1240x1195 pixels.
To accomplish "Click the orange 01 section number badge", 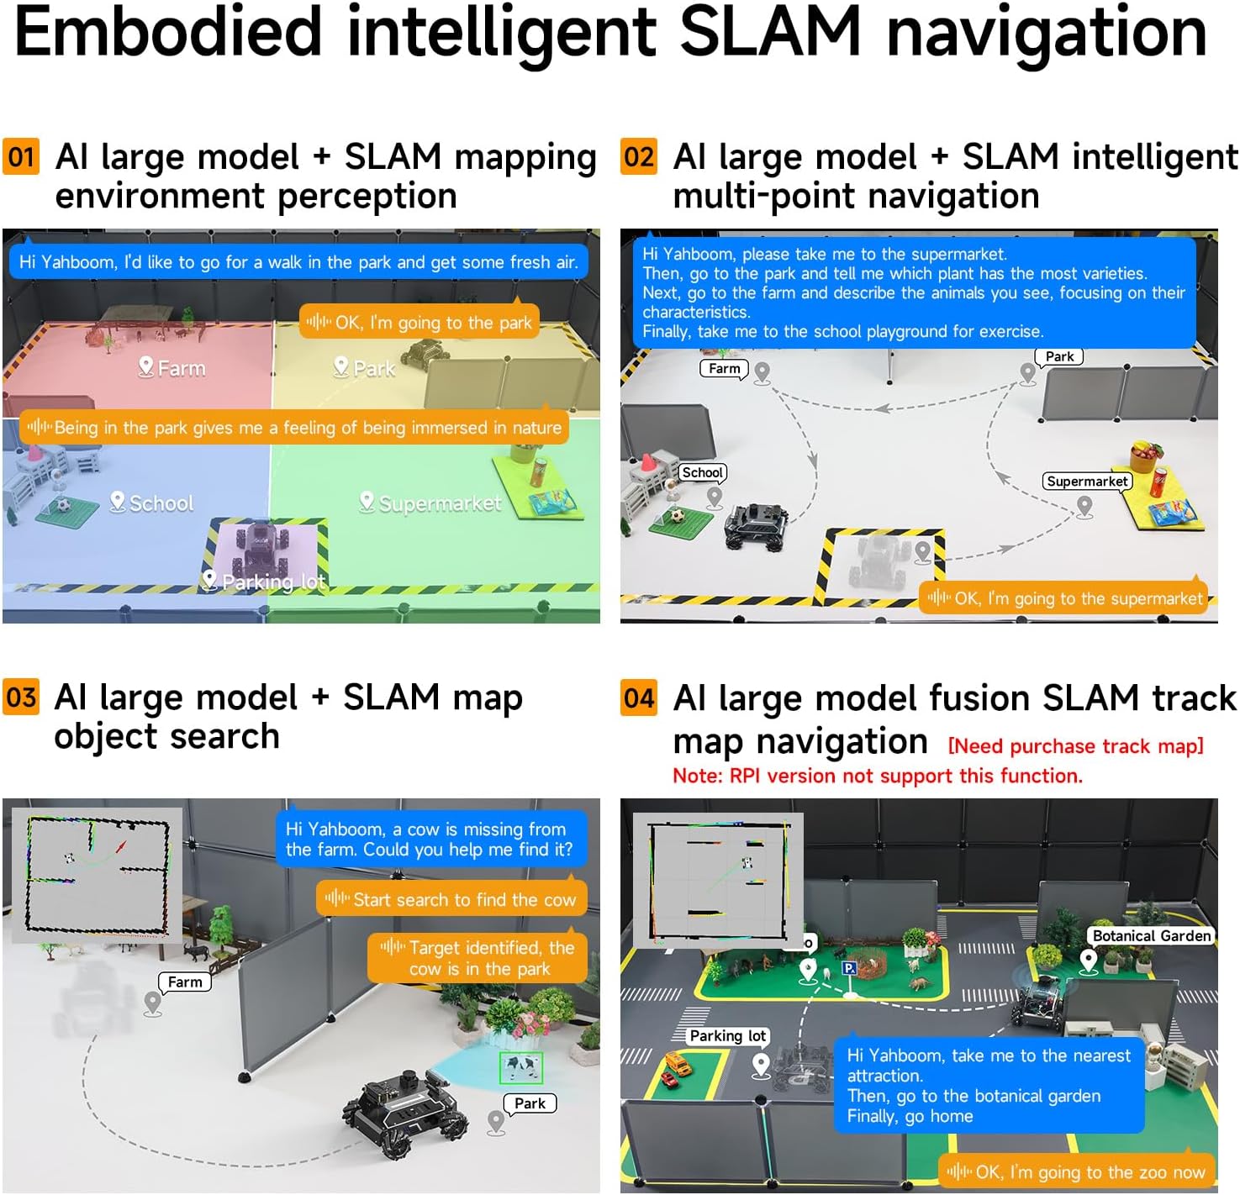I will [x=21, y=157].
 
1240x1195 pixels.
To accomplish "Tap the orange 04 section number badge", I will [x=639, y=698].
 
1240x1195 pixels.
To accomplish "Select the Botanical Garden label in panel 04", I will [x=1151, y=936].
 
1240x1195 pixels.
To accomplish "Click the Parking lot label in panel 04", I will [x=727, y=1036].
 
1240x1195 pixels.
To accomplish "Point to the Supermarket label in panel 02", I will [x=1087, y=482].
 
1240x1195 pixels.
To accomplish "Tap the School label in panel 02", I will [x=702, y=473].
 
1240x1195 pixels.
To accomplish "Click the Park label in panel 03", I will [x=530, y=1103].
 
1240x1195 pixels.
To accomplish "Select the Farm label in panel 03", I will [x=185, y=982].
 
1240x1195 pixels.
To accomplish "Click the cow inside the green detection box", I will [x=521, y=1068].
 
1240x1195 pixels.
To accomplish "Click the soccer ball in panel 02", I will [x=676, y=515].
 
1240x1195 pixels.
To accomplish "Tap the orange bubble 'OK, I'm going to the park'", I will [x=419, y=323].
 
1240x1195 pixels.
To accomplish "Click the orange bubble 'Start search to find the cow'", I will [x=451, y=900].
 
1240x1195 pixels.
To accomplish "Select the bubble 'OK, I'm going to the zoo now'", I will [x=1077, y=1172].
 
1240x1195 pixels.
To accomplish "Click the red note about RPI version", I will [x=877, y=776].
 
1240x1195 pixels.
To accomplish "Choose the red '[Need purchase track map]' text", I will [x=1075, y=746].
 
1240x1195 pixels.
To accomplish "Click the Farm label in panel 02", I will [x=724, y=369].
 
